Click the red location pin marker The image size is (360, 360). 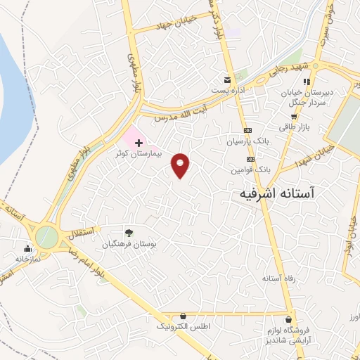[181, 165]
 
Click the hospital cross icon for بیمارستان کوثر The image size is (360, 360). [139, 143]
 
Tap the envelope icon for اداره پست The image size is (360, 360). [226, 80]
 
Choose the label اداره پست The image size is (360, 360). [227, 91]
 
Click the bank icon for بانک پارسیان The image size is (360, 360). [247, 131]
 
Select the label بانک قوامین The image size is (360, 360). [250, 170]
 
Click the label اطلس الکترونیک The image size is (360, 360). [183, 328]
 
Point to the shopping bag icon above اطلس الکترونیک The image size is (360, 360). [184, 317]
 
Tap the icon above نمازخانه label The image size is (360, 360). [27, 247]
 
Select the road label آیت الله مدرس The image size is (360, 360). [191, 106]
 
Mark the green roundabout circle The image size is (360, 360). [47, 236]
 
